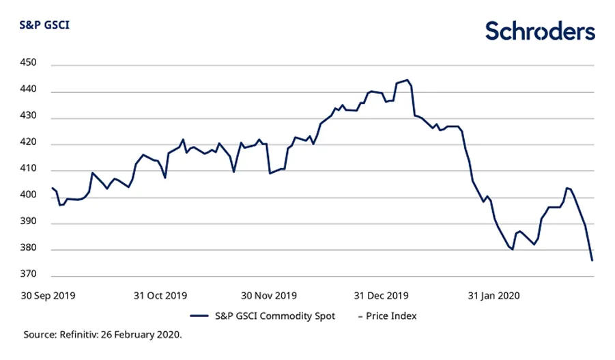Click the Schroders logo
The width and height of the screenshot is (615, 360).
pyautogui.click(x=540, y=31)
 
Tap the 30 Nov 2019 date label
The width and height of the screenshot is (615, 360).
pyautogui.click(x=268, y=296)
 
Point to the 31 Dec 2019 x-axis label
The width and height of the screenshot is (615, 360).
pyautogui.click(x=381, y=296)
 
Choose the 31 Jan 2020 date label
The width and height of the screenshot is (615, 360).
pyautogui.click(x=492, y=296)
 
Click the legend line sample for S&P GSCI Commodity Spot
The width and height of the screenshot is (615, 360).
pyautogui.click(x=199, y=316)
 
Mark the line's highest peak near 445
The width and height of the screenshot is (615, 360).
pyautogui.click(x=407, y=80)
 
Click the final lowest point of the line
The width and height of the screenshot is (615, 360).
pyautogui.click(x=592, y=260)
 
